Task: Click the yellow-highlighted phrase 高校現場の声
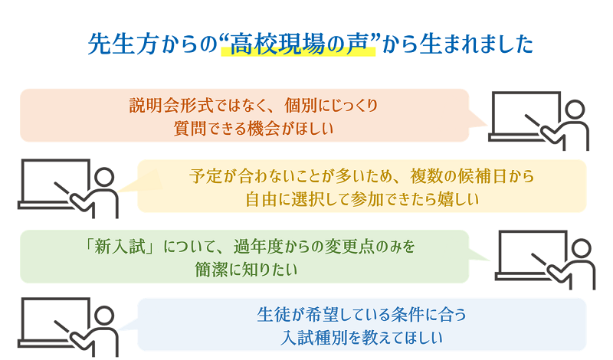299,44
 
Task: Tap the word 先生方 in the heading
122,44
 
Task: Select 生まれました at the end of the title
476,44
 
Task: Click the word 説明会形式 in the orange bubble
171,106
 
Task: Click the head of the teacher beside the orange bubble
575,110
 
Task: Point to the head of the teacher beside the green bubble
581,249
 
